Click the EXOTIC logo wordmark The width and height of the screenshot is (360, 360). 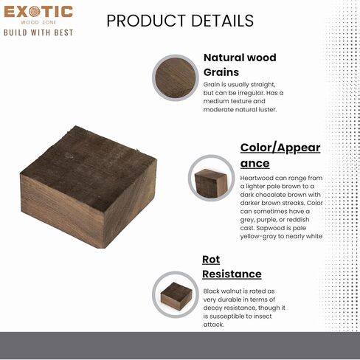point(38,12)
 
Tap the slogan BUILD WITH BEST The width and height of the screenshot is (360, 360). point(38,32)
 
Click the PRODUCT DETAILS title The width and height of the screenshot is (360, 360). point(180,21)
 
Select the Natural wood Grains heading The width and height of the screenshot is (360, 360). point(240,65)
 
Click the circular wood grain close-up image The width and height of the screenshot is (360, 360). point(176,77)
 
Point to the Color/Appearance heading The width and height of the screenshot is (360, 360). point(280,156)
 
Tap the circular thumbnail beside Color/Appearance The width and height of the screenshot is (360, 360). point(212,178)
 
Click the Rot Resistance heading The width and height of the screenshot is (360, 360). point(232,267)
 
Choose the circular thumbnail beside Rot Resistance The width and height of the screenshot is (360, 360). point(176,294)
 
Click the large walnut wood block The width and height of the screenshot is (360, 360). point(89,187)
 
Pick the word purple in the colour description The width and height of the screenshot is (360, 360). point(266,220)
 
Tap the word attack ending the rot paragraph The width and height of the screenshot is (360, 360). point(214,325)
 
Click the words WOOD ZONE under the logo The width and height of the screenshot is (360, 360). point(38,22)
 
